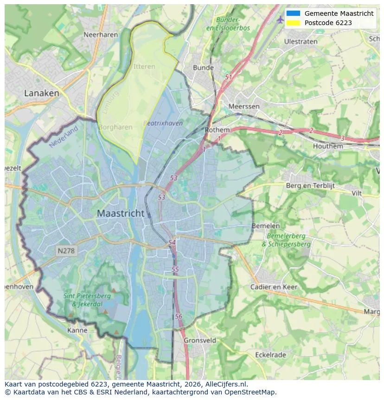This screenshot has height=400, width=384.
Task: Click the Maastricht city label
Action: click(x=121, y=214)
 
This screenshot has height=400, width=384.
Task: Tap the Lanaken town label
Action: click(x=42, y=93)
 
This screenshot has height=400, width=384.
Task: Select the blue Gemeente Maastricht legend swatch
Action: click(x=293, y=13)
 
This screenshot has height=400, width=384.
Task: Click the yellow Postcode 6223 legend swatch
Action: click(x=293, y=23)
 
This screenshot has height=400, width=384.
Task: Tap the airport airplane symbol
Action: click(x=280, y=20)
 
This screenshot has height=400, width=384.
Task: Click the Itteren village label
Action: click(x=144, y=66)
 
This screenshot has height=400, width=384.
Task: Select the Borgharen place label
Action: click(x=115, y=127)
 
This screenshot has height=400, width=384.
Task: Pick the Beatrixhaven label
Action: click(x=163, y=123)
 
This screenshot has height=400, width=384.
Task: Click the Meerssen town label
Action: click(x=244, y=106)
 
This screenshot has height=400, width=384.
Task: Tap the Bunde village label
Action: click(x=203, y=67)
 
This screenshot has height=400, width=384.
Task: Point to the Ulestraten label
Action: click(x=301, y=41)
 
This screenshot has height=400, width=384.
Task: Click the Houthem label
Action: click(x=328, y=146)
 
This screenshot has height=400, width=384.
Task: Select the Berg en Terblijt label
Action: click(x=310, y=186)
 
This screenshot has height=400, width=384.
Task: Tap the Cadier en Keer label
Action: click(x=274, y=287)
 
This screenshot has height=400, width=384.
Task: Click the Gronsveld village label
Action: click(x=200, y=340)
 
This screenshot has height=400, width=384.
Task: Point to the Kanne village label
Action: click(x=77, y=330)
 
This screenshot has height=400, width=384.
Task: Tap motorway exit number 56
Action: click(x=179, y=316)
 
